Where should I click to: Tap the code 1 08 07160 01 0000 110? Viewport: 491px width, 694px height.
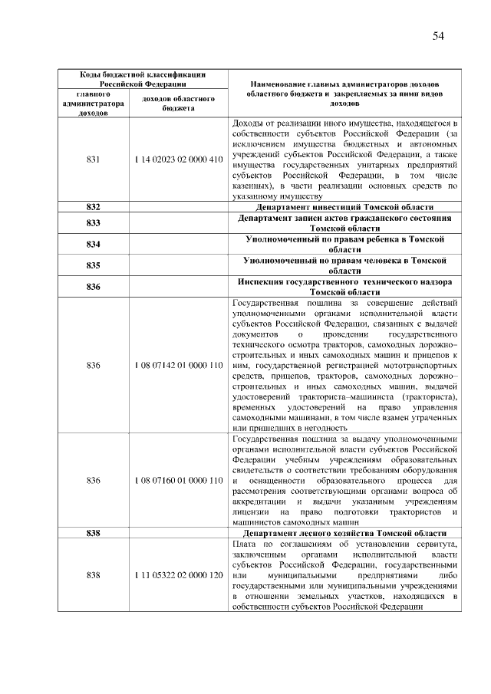(178, 480)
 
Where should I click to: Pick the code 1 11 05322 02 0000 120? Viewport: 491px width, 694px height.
(178, 574)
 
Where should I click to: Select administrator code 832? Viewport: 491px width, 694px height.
(94, 207)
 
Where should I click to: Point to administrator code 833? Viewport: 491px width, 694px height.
(94, 223)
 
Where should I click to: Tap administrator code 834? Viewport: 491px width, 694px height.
(94, 245)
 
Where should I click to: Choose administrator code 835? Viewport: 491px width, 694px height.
(94, 265)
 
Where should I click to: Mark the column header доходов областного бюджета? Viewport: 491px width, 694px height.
(178, 104)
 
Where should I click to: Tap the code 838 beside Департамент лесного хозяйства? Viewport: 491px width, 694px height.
(94, 533)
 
